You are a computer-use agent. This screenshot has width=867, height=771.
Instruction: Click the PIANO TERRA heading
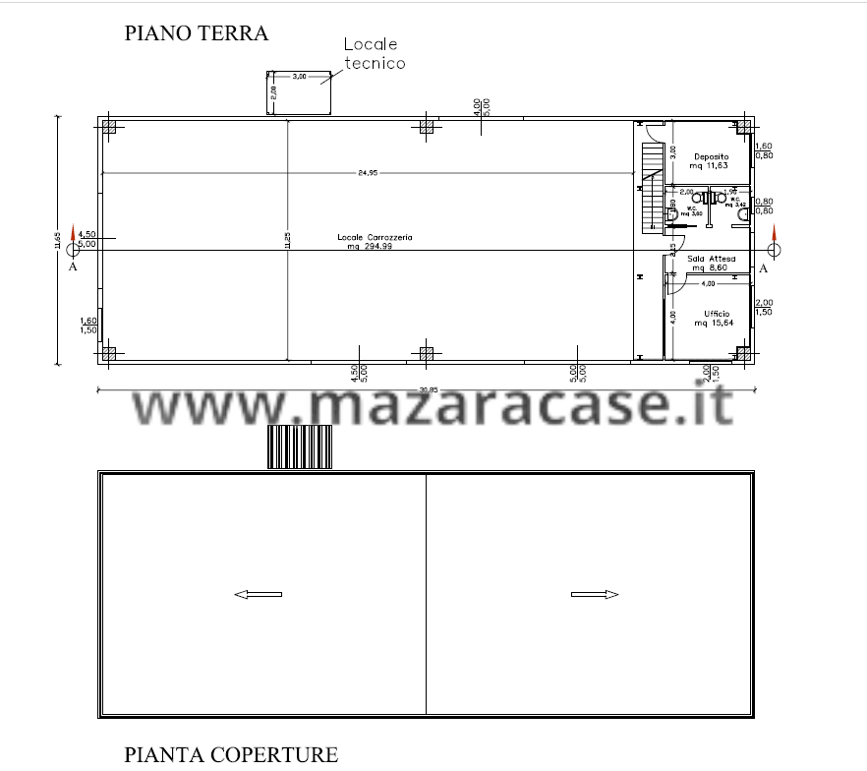[x=196, y=33]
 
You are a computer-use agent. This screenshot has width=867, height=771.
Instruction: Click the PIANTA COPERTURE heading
[x=230, y=754]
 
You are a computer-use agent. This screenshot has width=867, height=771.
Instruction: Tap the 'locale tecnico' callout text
[x=375, y=55]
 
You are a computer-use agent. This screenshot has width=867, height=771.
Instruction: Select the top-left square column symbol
[x=109, y=126]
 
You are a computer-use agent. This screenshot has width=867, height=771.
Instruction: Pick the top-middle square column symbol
[x=427, y=126]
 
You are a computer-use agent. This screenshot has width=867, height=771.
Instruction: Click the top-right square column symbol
[x=744, y=126]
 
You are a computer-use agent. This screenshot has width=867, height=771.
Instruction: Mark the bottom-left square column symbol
[x=109, y=353]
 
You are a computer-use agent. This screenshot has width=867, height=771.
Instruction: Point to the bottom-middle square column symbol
[x=427, y=353]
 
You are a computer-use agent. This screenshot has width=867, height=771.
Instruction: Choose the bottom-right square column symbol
[x=744, y=353]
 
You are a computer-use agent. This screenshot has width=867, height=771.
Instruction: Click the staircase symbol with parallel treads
[x=652, y=193]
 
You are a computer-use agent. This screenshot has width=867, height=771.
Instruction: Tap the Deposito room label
[x=710, y=161]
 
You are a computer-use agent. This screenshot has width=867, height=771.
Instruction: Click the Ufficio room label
[x=710, y=317]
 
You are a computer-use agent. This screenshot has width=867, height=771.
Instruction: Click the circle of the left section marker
[x=73, y=250]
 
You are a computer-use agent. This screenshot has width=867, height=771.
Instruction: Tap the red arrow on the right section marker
[x=775, y=234]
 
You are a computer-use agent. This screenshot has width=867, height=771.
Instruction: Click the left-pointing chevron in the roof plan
[x=241, y=594]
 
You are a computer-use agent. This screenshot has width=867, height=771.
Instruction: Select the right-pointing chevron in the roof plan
[x=611, y=594]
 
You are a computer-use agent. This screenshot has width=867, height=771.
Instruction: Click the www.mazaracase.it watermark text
[x=433, y=405]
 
